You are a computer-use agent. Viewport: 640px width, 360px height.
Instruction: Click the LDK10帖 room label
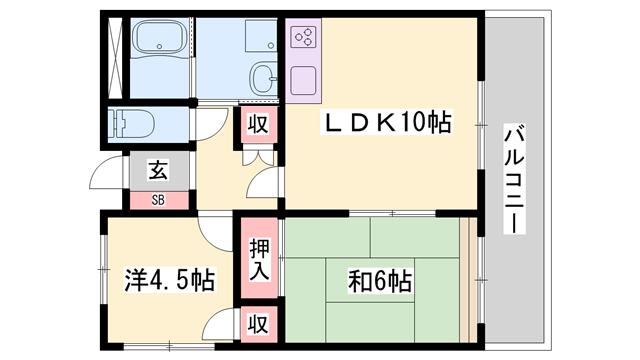click(386, 124)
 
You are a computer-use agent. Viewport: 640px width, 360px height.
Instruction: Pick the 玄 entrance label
click(158, 169)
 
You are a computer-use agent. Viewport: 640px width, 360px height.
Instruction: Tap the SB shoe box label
click(158, 199)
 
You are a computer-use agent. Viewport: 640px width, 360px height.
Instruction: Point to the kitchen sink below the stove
click(304, 79)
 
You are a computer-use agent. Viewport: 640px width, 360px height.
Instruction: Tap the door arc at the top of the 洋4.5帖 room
click(215, 232)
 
